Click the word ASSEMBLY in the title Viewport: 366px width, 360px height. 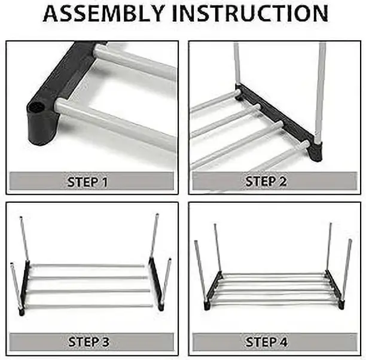click(x=103, y=14)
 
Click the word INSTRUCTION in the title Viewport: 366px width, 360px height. click(x=250, y=14)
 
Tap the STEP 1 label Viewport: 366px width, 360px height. click(x=87, y=182)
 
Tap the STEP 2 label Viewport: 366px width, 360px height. click(x=266, y=181)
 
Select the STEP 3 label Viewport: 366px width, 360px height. click(x=89, y=342)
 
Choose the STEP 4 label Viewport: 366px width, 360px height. click(x=266, y=342)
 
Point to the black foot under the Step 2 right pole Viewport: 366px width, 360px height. click(x=316, y=151)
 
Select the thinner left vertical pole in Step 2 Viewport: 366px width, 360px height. click(x=237, y=63)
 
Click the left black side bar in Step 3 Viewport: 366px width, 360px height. click(x=25, y=287)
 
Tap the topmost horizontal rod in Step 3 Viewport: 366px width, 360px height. click(x=87, y=266)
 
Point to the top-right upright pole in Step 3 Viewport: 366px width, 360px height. click(x=154, y=236)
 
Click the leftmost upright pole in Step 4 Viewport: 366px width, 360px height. click(x=200, y=271)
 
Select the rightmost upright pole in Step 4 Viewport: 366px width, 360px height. click(x=347, y=270)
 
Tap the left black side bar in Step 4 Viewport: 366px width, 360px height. click(x=213, y=290)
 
